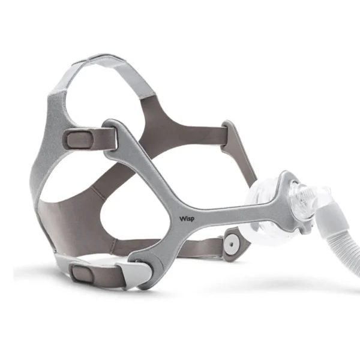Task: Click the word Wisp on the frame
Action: (x=187, y=218)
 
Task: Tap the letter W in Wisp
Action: (x=182, y=218)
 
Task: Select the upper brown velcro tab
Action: (x=79, y=139)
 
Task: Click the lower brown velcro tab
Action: (x=82, y=274)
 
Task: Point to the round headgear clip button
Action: (x=232, y=245)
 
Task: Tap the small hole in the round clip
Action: (x=232, y=244)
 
